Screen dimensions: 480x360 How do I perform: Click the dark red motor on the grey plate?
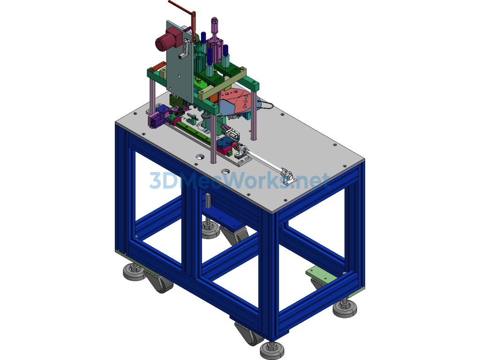tap(167, 39)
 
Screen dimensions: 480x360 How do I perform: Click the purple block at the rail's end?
tap(157, 119)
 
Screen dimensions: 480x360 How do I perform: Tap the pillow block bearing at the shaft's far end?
tap(288, 177)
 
